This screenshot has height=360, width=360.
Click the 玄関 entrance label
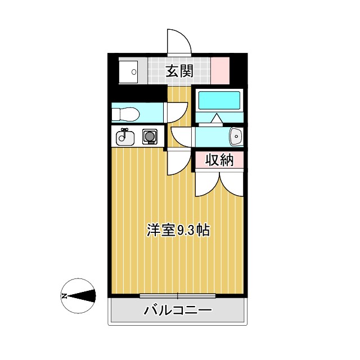180,71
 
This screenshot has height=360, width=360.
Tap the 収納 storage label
219,160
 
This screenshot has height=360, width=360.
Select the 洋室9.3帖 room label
179,230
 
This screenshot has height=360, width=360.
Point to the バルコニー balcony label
178,310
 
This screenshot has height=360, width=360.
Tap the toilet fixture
125,115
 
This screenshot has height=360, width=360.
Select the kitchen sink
124,136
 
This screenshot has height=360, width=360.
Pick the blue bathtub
219,100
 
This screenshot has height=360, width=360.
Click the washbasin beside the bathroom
236,136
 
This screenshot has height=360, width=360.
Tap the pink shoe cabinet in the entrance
220,70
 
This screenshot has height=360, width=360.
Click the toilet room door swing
178,111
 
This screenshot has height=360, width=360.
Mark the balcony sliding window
178,295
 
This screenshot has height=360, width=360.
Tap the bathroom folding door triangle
217,118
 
